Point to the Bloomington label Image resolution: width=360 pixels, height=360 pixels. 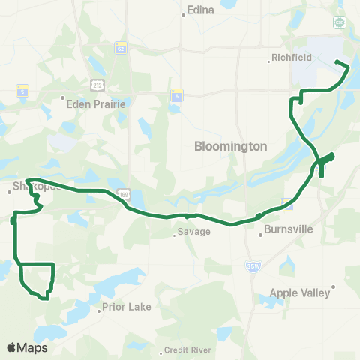[230, 147]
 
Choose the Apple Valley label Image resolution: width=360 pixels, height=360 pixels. [304, 293]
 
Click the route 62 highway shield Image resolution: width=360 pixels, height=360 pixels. [119, 49]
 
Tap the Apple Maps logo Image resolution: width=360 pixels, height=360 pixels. [27, 347]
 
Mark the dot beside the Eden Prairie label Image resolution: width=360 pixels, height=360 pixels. [64, 97]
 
